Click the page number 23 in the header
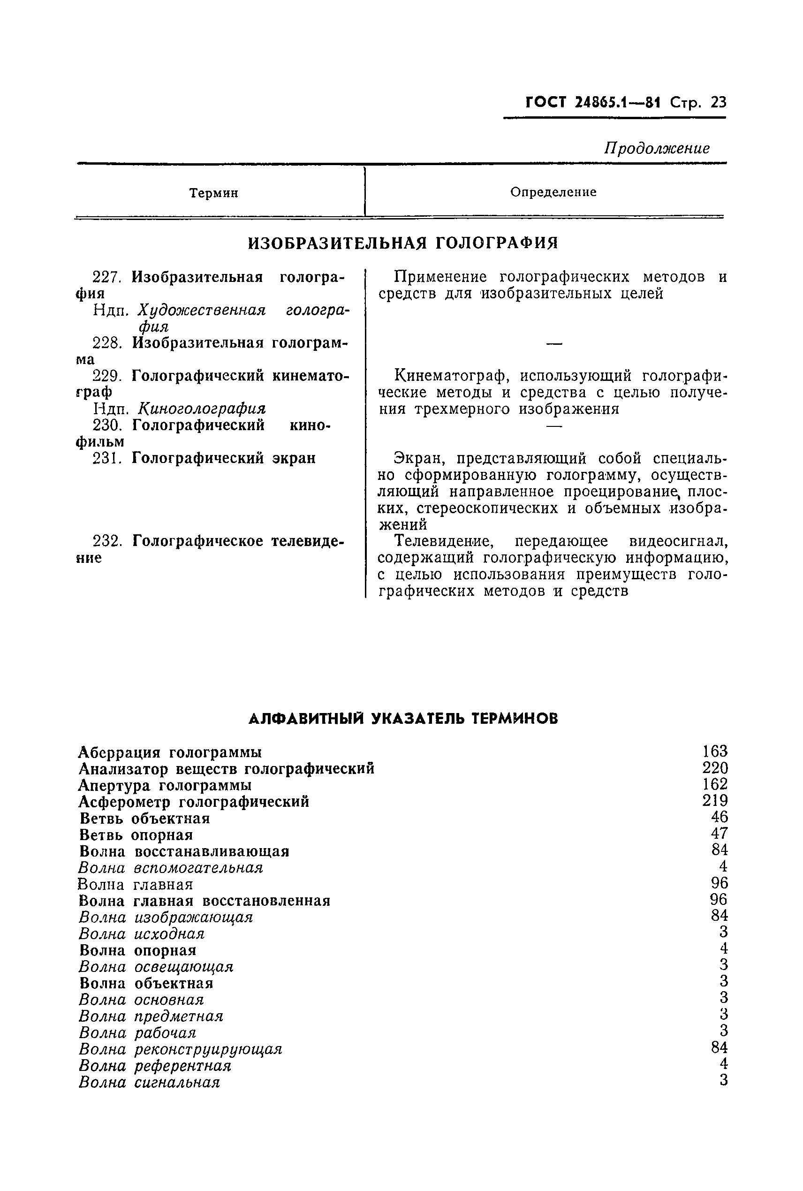[719, 103]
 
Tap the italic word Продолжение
[657, 149]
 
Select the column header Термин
[213, 193]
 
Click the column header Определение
[553, 192]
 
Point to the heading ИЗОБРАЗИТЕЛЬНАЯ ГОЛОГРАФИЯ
[402, 243]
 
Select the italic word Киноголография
[202, 409]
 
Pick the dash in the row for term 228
[554, 343]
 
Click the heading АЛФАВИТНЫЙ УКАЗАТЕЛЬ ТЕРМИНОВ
[402, 719]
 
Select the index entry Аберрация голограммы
[170, 752]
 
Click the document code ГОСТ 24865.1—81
[593, 103]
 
